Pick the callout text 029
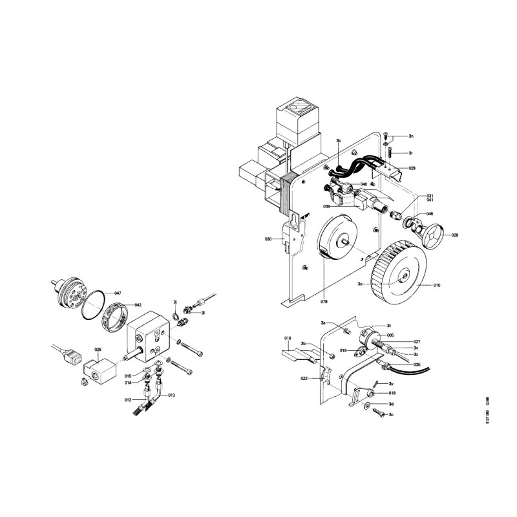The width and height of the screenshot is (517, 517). point(412,168)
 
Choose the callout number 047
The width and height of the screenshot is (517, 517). point(118,294)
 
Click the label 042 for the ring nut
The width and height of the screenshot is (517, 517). point(138,305)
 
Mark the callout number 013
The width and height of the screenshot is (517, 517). point(171,396)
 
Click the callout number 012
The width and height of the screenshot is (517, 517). point(129,400)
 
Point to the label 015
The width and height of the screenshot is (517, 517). point(128,376)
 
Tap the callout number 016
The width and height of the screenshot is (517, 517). point(288,338)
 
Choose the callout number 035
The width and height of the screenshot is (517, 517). point(417,365)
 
